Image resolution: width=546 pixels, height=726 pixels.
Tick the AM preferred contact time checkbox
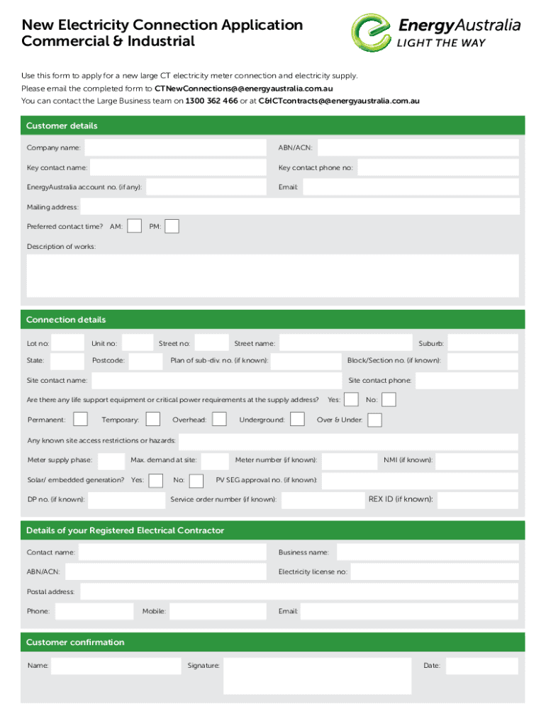click(134, 226)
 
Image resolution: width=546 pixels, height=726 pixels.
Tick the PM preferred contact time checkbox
click(172, 226)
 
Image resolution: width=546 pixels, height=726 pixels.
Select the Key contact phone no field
click(438, 167)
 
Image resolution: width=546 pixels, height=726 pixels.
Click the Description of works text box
click(272, 276)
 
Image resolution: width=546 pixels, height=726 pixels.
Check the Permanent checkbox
click(81, 420)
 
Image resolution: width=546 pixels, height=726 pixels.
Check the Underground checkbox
click(298, 420)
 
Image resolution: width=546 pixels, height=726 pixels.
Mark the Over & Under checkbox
click(374, 420)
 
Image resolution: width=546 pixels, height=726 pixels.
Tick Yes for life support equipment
click(351, 400)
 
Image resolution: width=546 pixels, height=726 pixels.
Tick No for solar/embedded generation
click(198, 480)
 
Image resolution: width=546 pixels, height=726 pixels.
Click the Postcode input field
click(146, 361)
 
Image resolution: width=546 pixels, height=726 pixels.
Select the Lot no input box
click(68, 343)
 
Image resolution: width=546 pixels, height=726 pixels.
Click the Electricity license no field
click(434, 571)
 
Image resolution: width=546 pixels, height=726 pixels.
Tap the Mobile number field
click(217, 611)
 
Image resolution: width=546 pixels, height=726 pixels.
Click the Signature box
click(317, 676)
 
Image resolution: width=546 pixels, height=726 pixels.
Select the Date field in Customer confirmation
click(481, 666)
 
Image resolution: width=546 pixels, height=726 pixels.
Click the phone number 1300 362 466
click(211, 101)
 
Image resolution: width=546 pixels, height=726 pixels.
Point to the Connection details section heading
click(66, 320)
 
